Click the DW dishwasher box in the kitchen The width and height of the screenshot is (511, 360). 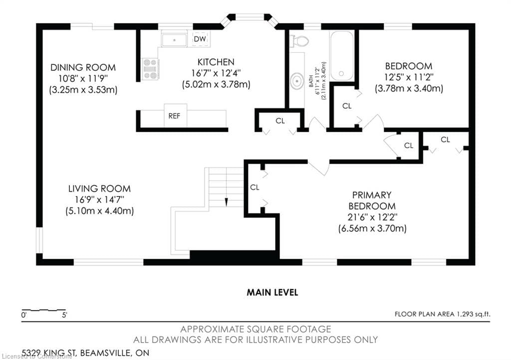pyautogui.click(x=200, y=39)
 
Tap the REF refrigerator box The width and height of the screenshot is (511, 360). pyautogui.click(x=174, y=116)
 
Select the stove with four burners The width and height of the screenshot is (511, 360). pyautogui.click(x=150, y=69)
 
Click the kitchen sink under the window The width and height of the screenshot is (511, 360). pyautogui.click(x=174, y=39)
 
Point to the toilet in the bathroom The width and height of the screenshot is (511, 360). pyautogui.click(x=299, y=40)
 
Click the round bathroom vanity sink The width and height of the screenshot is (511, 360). pyautogui.click(x=297, y=80)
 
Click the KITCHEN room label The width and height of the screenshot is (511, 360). pyautogui.click(x=216, y=62)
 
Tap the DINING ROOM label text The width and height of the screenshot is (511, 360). pyautogui.click(x=83, y=67)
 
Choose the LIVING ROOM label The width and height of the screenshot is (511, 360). pyautogui.click(x=99, y=188)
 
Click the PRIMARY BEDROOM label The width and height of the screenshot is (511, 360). pyautogui.click(x=372, y=200)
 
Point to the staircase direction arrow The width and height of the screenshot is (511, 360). pyautogui.click(x=226, y=201)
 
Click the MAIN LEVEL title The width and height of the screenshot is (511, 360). pyautogui.click(x=272, y=293)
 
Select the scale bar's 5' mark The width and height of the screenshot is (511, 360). pyautogui.click(x=64, y=315)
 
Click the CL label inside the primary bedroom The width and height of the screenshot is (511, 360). pyautogui.click(x=255, y=187)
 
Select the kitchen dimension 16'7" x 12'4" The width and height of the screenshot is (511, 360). pyautogui.click(x=216, y=73)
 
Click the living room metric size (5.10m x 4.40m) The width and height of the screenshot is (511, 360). pyautogui.click(x=99, y=210)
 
